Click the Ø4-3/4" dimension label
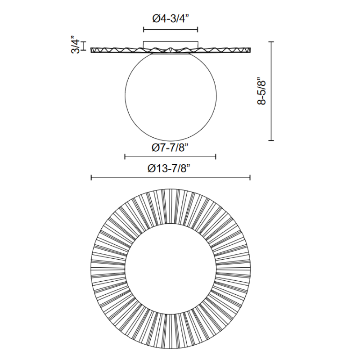171,19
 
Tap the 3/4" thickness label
76,45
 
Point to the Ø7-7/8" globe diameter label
170,148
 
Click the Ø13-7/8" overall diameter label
169,169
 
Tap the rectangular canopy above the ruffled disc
171,45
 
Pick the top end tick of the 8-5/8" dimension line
271,42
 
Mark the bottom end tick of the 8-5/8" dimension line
271,140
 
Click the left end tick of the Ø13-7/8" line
91,177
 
